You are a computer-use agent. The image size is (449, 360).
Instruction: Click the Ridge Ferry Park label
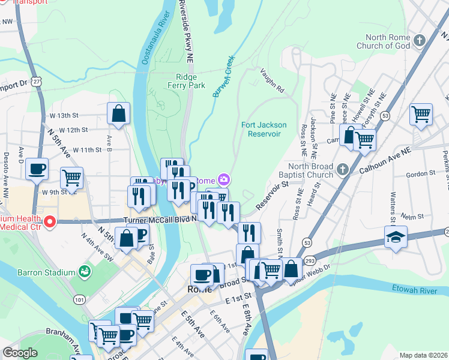point(190,81)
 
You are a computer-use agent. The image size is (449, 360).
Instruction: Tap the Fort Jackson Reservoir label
point(264,129)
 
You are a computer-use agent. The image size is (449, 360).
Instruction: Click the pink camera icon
point(223,179)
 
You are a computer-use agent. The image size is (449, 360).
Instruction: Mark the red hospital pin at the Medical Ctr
point(49,222)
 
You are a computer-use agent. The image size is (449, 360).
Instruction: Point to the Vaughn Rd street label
point(272,80)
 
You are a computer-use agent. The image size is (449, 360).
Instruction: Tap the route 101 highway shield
point(79,298)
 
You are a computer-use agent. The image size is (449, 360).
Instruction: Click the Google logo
point(20,353)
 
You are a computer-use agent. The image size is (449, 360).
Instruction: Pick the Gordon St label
point(415,175)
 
